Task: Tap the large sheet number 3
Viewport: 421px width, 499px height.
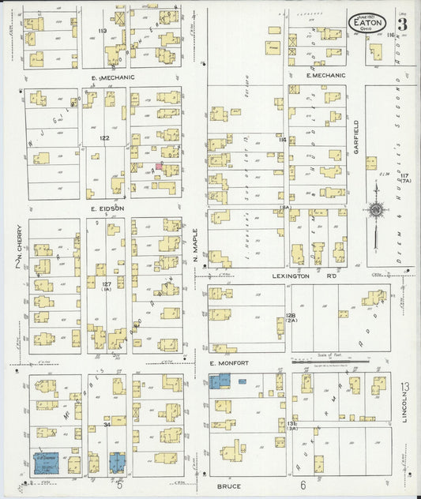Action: (403, 23)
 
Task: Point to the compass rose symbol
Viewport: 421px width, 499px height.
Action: (376, 210)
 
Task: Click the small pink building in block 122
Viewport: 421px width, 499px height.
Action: (159, 167)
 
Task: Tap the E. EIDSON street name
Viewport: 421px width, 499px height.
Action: (103, 209)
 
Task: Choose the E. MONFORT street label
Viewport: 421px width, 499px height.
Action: (229, 362)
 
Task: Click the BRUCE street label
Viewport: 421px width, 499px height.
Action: (229, 486)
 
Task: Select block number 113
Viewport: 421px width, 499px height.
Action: (102, 30)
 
